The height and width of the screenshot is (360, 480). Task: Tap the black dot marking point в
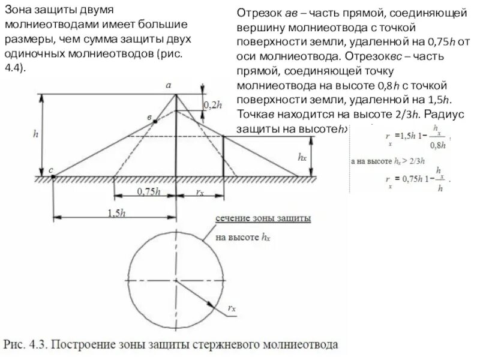[155, 122]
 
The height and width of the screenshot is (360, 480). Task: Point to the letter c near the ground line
[52, 171]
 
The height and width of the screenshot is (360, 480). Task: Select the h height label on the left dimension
[35, 136]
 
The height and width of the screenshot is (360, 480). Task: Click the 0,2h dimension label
[213, 104]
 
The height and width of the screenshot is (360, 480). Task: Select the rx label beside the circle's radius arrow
[232, 308]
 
